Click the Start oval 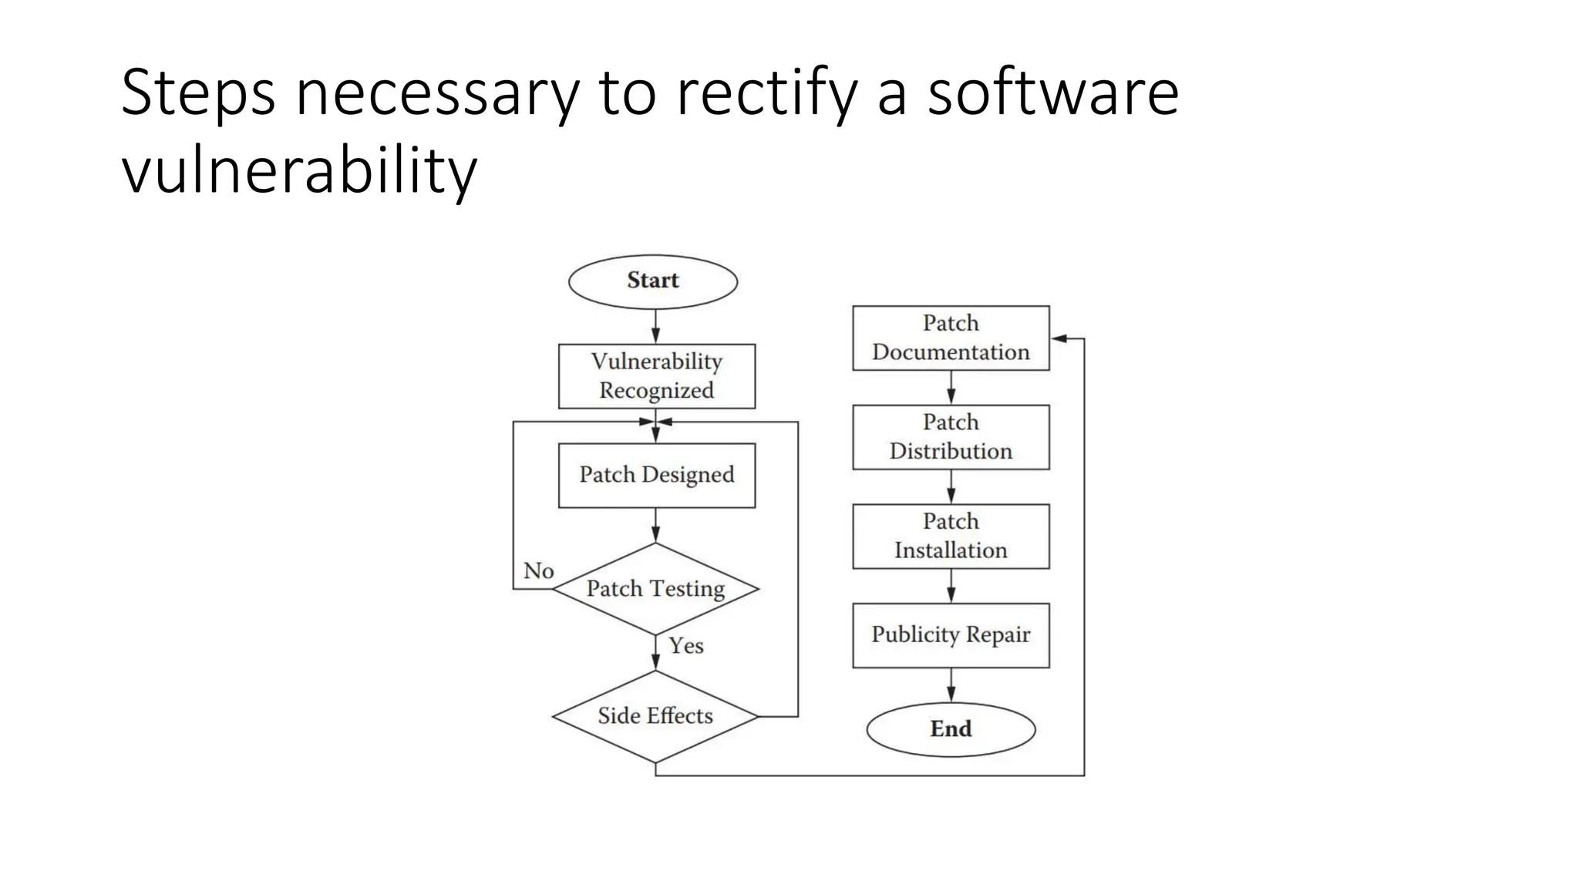(653, 281)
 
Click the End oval (951, 729)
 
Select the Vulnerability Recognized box (656, 376)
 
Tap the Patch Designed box (656, 475)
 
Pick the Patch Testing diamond (655, 589)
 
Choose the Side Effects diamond (655, 716)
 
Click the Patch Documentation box (951, 338)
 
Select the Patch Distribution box (951, 437)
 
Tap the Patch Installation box (951, 536)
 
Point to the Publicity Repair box (951, 635)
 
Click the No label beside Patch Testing (538, 571)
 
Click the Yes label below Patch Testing (685, 646)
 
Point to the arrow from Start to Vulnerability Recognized (655, 327)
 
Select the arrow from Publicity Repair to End (951, 685)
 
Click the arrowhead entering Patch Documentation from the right (1059, 338)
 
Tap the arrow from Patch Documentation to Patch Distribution (951, 388)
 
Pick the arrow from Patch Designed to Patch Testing (655, 526)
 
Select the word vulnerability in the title (299, 170)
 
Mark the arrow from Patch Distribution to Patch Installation (951, 487)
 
